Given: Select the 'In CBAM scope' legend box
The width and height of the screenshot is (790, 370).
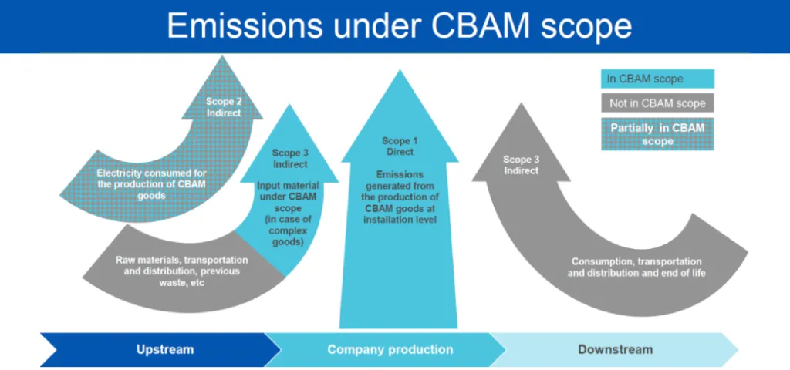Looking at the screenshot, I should click(x=657, y=79).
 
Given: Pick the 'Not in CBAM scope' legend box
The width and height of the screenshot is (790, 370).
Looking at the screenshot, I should click(x=657, y=103).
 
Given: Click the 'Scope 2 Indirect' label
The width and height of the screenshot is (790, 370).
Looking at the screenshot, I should click(x=223, y=106).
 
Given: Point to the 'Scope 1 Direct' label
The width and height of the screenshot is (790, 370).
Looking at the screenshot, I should click(x=400, y=146).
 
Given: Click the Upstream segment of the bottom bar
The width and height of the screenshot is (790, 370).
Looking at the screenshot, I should click(x=164, y=349).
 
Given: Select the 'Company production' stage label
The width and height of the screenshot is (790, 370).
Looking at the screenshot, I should click(x=390, y=349).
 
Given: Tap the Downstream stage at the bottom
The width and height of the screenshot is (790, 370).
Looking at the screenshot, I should click(x=615, y=349).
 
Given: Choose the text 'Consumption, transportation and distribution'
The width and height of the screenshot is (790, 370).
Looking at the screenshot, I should click(x=636, y=267).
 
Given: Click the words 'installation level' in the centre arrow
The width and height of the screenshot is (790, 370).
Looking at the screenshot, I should click(x=400, y=220).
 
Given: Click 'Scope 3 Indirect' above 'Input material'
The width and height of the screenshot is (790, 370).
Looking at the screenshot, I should click(x=289, y=159).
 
